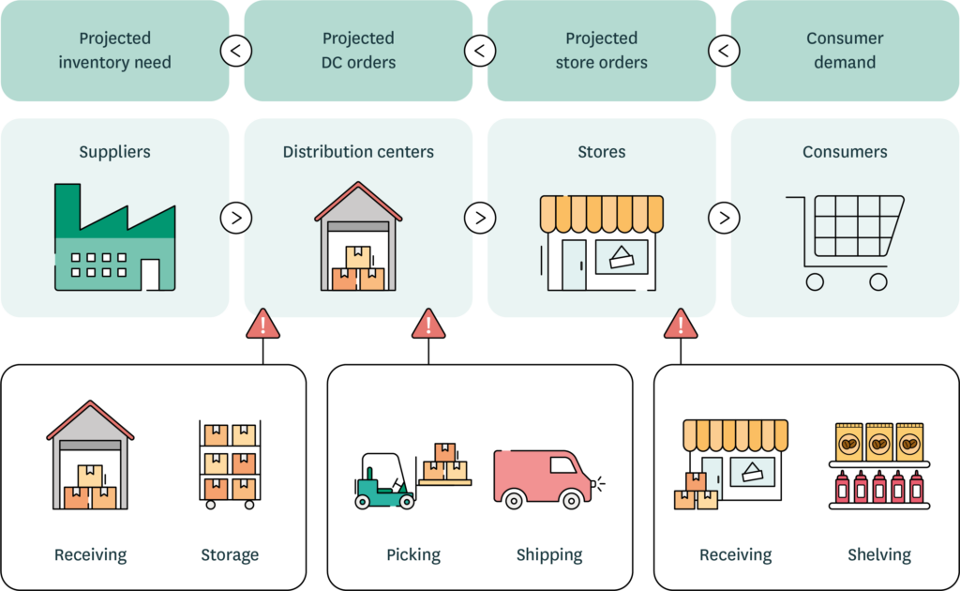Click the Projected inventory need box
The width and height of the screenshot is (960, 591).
click(114, 51)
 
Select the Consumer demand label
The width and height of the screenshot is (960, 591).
click(845, 51)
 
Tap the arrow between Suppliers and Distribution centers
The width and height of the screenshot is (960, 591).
click(236, 218)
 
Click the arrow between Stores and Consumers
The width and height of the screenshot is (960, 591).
click(724, 218)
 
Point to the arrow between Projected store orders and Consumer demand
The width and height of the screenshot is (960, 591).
click(724, 51)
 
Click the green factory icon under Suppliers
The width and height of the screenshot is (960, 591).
click(114, 239)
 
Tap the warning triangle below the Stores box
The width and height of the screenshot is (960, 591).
click(681, 324)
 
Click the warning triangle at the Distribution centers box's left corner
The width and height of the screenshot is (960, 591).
click(262, 324)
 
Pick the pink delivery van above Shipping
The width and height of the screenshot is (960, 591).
click(544, 478)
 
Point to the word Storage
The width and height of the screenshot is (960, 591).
click(230, 555)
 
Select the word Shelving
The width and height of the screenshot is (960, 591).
click(879, 555)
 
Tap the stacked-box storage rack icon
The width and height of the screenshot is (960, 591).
click(230, 465)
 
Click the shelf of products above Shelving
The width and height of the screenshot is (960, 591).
click(879, 465)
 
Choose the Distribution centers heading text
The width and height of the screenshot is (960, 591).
click(358, 152)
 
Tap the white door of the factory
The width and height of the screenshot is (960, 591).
click(150, 275)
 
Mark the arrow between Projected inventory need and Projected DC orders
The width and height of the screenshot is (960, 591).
click(236, 51)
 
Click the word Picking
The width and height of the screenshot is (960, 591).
click(413, 555)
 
